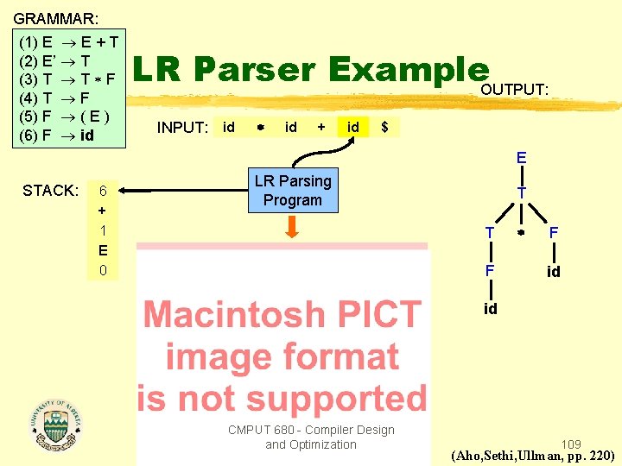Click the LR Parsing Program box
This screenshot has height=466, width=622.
coord(292,191)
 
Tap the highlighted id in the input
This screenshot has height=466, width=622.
coord(352,127)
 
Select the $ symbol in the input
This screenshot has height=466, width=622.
coord(384,127)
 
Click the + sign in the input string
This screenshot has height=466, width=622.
coord(321,127)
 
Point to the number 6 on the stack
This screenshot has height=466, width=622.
coord(103,191)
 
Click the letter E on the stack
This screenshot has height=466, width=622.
coord(103,250)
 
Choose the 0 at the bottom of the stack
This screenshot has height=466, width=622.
coord(103,270)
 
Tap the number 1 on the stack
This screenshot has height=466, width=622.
coord(103,230)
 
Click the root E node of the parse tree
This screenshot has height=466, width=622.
coord(521,158)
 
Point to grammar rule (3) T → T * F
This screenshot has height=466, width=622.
coord(67,79)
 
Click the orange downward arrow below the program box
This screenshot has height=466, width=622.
coord(292,227)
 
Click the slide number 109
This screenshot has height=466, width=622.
coord(571,441)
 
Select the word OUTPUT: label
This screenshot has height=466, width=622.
coord(515,90)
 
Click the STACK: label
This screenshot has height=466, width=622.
coord(51,191)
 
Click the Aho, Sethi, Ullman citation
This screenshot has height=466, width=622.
coord(532,456)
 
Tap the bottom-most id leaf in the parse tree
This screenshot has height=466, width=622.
coord(490,309)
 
